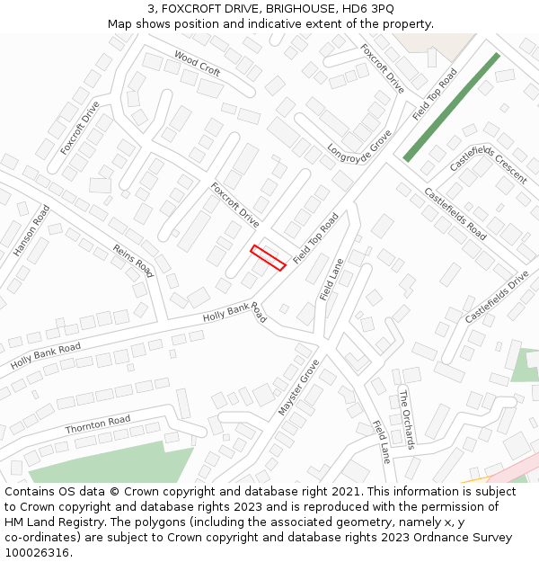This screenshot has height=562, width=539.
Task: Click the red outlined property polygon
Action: pos(268,257)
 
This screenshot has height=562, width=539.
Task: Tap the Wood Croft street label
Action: pos(198,64)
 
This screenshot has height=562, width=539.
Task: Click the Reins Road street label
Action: pos(134,260)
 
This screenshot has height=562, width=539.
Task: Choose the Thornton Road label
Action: pos(98,424)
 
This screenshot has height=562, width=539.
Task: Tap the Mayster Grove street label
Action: pos(298,388)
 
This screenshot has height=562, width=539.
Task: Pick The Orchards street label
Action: pos(407,420)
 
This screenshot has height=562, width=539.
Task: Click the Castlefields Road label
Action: pos(455,214)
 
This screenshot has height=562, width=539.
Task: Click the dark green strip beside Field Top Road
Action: pos(451,107)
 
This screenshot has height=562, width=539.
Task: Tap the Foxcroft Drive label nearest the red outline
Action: pos(235,205)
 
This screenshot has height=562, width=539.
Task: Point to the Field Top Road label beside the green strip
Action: pos(435,94)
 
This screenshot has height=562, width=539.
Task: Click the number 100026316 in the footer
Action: pos(38,552)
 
